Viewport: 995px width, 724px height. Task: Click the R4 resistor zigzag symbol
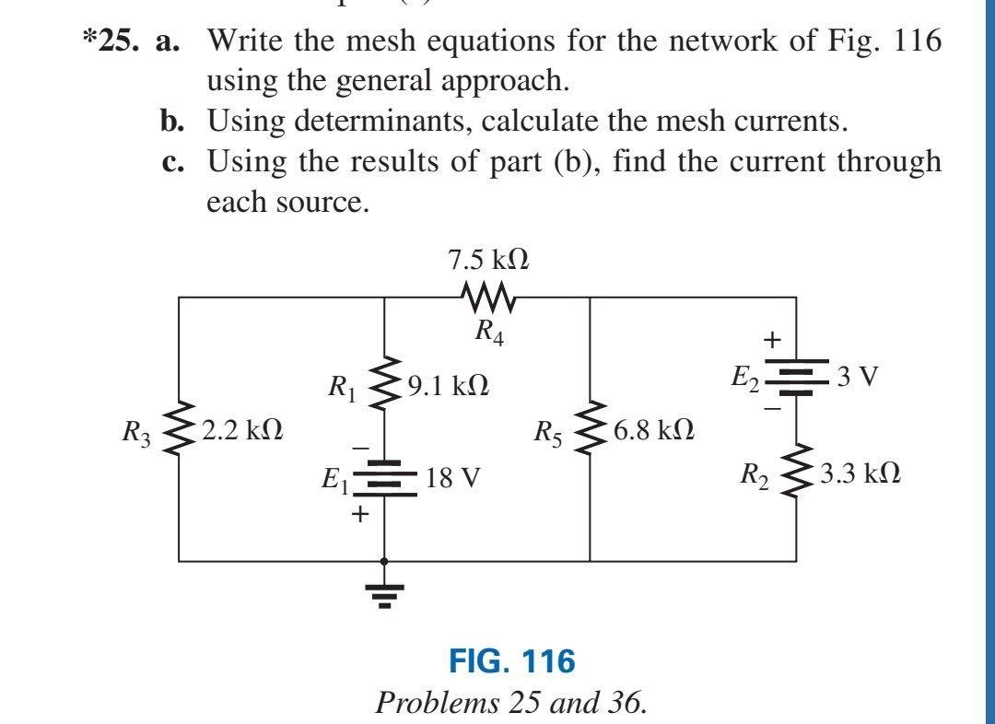(486, 298)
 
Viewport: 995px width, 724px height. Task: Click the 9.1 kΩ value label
(447, 384)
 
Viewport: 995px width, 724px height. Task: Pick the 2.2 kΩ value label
(240, 429)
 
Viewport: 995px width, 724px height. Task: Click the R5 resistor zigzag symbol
(590, 428)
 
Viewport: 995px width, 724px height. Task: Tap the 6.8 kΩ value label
(653, 429)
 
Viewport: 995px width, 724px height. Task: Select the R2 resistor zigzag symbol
(796, 474)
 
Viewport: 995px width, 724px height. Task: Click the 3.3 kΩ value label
(860, 474)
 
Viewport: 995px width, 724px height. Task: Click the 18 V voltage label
(452, 479)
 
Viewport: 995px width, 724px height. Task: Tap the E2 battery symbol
(796, 378)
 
